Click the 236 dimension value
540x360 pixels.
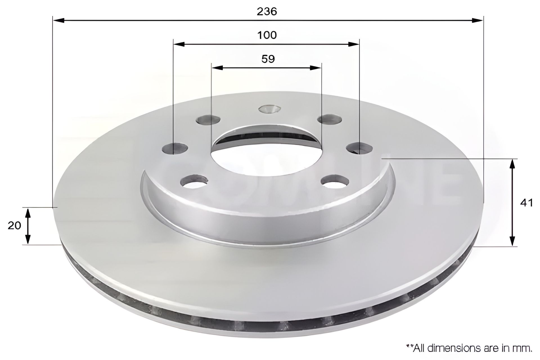(267, 12)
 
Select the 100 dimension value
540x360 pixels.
(267, 35)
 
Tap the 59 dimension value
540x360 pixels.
(268, 59)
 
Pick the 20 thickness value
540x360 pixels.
(14, 226)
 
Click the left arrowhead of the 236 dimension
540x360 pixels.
(59, 20)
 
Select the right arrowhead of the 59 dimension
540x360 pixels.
(315, 67)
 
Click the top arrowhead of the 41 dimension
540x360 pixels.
(514, 165)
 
